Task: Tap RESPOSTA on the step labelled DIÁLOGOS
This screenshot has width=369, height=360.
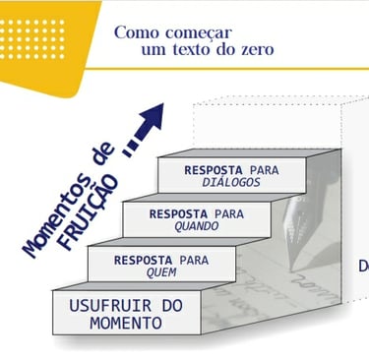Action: pyautogui.click(x=216, y=169)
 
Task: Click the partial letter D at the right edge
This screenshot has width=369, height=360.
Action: pyautogui.click(x=362, y=266)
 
